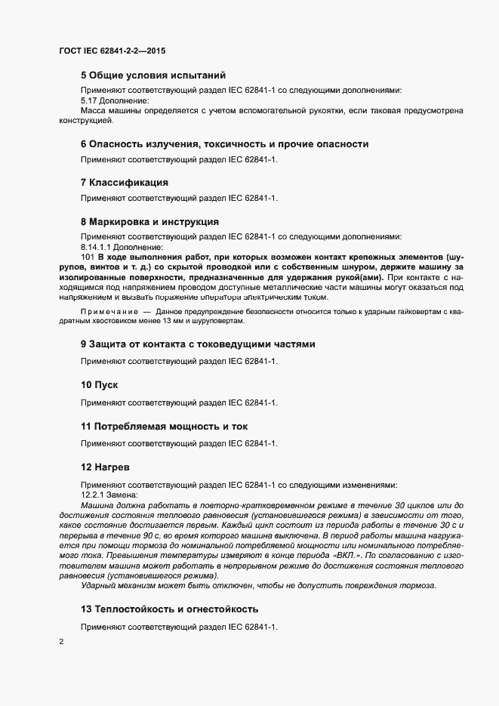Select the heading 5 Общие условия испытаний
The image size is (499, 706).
coord(153,76)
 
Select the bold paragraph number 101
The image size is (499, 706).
coord(88,257)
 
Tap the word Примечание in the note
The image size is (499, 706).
coord(109,311)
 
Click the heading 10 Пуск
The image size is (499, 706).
coord(100,385)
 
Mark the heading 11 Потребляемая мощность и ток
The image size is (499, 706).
coord(164,427)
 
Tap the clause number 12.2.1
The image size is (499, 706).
coord(92,493)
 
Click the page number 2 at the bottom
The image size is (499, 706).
coord(61,642)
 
